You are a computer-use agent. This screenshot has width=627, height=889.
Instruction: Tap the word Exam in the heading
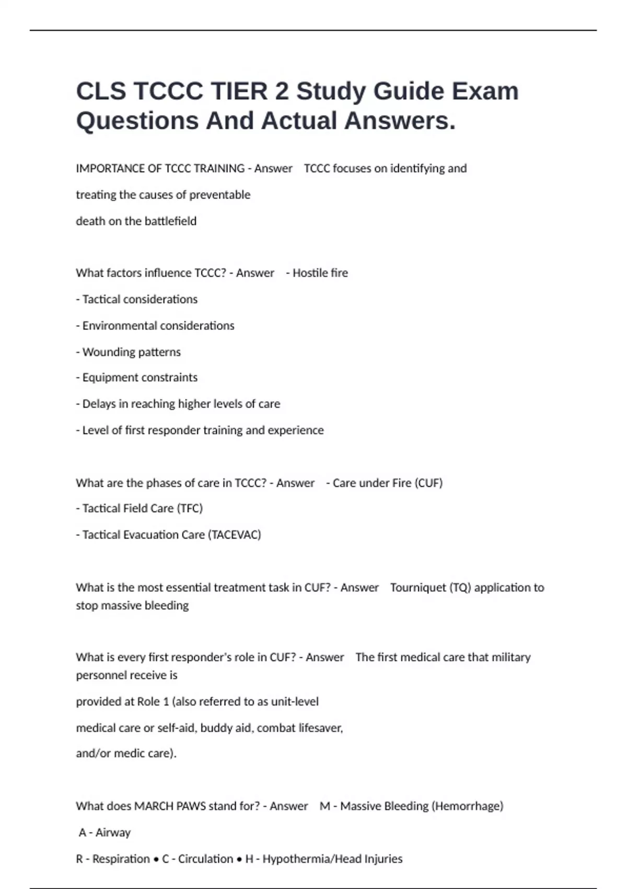click(x=485, y=91)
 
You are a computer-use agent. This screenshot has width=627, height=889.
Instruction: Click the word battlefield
click(x=170, y=221)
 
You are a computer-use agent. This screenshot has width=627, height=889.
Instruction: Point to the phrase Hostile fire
click(x=320, y=273)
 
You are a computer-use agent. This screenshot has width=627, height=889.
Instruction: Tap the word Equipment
click(x=107, y=378)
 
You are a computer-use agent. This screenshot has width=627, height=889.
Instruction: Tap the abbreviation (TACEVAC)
click(x=234, y=534)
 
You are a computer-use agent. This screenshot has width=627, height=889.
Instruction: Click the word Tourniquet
click(x=418, y=588)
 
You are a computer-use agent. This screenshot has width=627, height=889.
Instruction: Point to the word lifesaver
click(x=320, y=728)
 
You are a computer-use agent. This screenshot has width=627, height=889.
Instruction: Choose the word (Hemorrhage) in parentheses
click(x=467, y=806)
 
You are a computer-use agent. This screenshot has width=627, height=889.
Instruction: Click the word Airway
click(x=113, y=833)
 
